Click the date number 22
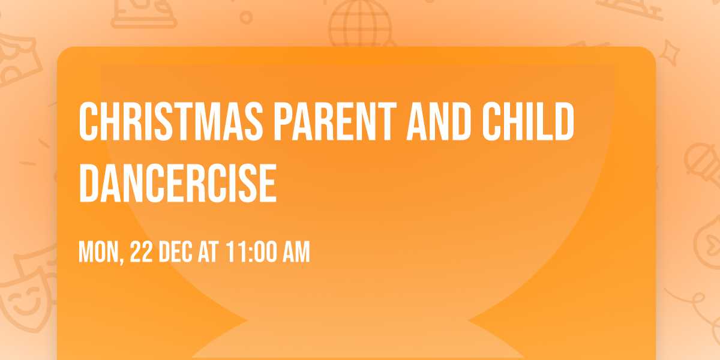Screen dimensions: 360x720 142,253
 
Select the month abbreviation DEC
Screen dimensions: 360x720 177,253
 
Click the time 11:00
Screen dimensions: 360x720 251,253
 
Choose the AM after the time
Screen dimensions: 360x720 296,253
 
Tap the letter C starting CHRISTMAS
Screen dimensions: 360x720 88,122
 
